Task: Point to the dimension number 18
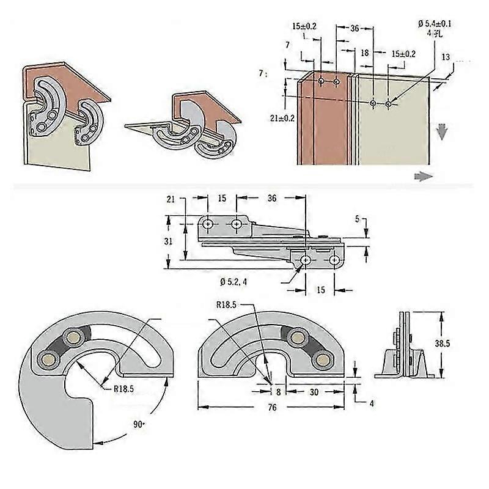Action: click(365, 53)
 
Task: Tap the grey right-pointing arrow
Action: click(423, 175)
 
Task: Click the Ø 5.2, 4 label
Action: click(237, 281)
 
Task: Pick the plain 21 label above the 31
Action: click(171, 199)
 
